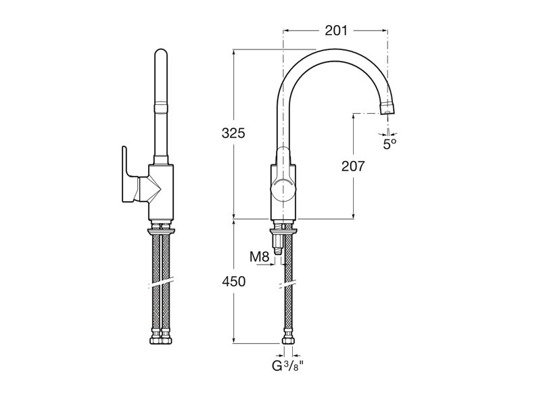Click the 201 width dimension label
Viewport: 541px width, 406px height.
point(336,30)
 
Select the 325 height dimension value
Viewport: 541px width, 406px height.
point(233,133)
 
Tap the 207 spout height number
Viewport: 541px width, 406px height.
point(353,166)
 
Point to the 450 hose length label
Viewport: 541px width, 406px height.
point(233,281)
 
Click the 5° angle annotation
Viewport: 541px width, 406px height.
point(390,144)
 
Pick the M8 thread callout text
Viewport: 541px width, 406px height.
point(259,257)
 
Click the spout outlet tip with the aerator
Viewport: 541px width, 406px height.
point(387,108)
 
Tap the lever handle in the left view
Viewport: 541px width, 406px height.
point(130,175)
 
